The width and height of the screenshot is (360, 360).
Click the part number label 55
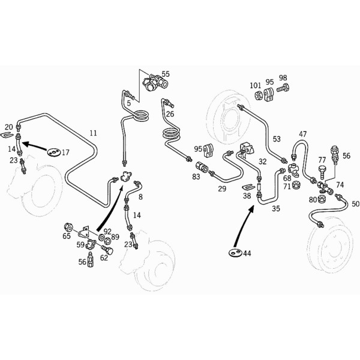(x=166, y=74)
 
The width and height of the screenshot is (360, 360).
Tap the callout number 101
(x=256, y=86)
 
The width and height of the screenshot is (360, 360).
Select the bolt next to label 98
(x=283, y=88)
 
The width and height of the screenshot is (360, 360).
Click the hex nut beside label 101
(x=259, y=95)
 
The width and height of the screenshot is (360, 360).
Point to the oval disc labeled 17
(x=54, y=152)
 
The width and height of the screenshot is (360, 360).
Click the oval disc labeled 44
(x=235, y=253)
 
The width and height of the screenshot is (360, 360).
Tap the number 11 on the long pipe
(x=93, y=133)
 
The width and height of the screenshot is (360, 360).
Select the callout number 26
(x=170, y=114)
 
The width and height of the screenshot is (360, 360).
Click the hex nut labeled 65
(x=68, y=227)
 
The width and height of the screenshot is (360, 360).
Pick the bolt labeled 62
(x=107, y=250)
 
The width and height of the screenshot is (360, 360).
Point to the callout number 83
(x=196, y=176)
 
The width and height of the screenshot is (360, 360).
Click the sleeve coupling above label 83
(x=202, y=167)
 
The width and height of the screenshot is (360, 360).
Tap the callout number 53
(x=277, y=139)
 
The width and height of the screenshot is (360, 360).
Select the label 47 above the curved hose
(x=303, y=134)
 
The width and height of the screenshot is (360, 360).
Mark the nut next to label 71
(x=296, y=185)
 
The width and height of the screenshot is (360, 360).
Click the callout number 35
(x=276, y=208)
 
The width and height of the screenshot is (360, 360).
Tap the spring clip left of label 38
(x=249, y=187)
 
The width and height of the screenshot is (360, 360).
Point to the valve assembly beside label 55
(x=155, y=82)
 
